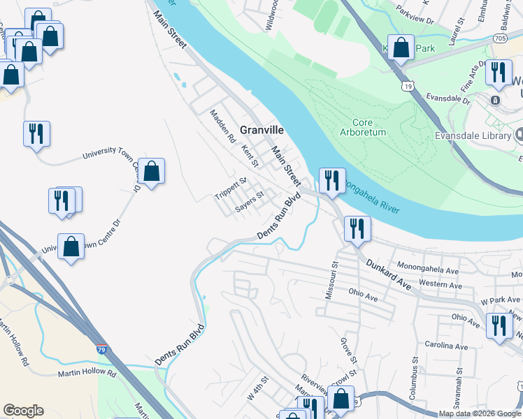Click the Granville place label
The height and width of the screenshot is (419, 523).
[262, 130]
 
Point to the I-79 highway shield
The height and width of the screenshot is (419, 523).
[103, 346]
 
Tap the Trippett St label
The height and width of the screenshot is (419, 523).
[231, 189]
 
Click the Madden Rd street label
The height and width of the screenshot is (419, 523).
[223, 129]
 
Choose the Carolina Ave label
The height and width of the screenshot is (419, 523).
[446, 346]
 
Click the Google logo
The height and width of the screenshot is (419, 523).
[23, 411]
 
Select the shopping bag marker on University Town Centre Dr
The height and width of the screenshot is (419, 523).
[151, 170]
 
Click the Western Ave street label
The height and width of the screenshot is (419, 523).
[440, 285]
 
